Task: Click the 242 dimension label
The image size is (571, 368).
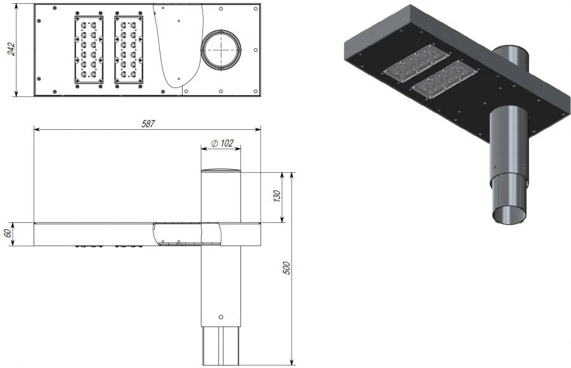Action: pos(11,49)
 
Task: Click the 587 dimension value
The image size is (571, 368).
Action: pos(148,124)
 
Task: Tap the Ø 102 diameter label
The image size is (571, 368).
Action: pos(222,143)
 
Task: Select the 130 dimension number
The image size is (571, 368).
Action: pos(277,196)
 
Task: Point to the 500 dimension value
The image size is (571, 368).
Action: pos(287,268)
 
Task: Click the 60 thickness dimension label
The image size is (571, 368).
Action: pos(7,234)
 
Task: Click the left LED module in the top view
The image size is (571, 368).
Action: pos(89,50)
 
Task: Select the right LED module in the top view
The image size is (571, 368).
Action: pos(129,50)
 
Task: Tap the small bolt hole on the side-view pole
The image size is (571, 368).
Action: pos(221,317)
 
